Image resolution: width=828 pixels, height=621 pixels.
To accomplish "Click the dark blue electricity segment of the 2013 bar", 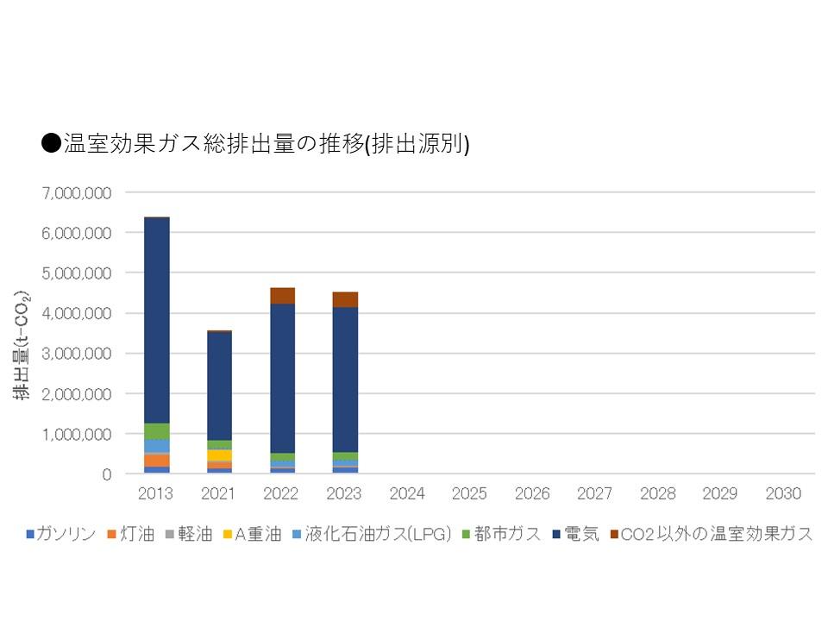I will point(156,319).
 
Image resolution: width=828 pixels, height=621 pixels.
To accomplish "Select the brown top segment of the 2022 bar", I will point(282,296).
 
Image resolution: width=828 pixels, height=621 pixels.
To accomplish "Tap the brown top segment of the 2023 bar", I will point(345,299).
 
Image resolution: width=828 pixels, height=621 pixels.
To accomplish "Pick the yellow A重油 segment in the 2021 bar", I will point(219,455).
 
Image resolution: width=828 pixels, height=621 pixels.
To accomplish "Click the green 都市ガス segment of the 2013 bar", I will point(156,431).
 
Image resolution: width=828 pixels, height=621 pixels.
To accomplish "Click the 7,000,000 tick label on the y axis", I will point(76,192).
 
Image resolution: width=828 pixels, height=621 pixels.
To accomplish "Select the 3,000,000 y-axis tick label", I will point(76,354).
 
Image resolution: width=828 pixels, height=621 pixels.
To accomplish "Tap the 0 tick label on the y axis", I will point(106,474).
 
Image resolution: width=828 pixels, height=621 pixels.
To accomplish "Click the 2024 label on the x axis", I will point(407,494).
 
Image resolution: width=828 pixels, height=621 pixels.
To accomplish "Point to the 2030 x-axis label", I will point(783,494).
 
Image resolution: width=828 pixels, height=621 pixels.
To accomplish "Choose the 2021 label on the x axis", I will point(219,494).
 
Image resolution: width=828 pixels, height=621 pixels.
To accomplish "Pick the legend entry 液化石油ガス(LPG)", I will point(378,534).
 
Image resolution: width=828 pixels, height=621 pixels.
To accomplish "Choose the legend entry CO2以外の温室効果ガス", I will point(716,534).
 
